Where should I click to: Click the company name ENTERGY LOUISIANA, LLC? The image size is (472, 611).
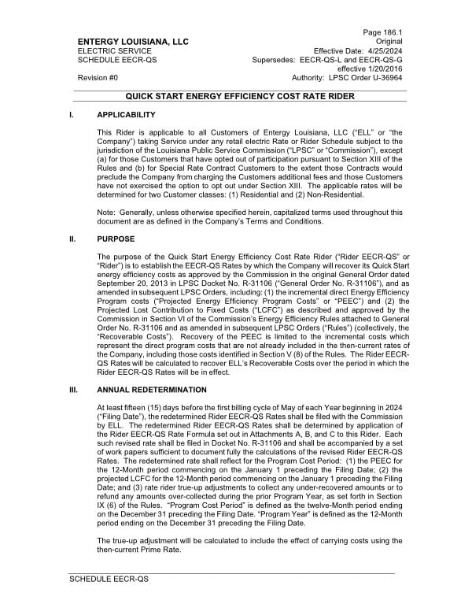(133, 41)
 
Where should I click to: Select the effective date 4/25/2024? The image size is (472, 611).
(382, 50)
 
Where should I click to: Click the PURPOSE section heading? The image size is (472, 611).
(116, 239)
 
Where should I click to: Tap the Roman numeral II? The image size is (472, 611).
(74, 239)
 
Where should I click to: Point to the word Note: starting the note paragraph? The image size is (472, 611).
(105, 212)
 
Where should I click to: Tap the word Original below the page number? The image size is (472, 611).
(389, 41)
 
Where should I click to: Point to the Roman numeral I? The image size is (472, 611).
(72, 115)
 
